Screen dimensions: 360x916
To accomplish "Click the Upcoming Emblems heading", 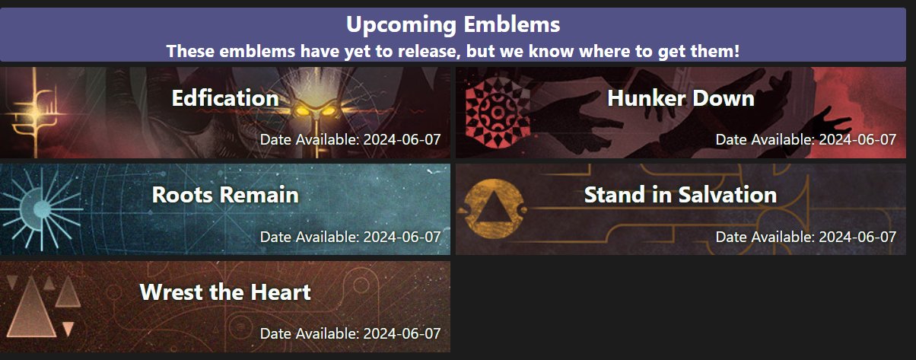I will tap(453, 24).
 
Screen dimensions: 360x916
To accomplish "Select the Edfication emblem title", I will tap(224, 98).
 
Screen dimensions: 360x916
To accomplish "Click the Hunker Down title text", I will tap(680, 98).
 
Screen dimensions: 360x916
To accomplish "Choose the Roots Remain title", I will tap(224, 195).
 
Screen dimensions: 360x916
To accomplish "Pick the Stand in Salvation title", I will tap(680, 195).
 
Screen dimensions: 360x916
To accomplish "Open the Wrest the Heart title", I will tap(224, 292).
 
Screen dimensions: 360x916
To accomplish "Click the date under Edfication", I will tap(350, 139).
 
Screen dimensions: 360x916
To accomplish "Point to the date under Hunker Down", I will tap(806, 139).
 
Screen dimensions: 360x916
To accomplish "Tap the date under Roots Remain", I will tap(350, 237).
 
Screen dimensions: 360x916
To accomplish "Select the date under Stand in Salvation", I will tap(806, 237).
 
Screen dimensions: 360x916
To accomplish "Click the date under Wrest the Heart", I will tap(350, 333).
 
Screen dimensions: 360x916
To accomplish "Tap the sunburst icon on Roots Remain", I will tap(42, 208).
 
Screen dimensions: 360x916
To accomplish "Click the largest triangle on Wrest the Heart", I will tap(33, 309).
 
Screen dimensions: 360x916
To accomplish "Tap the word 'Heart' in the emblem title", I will tap(282, 292).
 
